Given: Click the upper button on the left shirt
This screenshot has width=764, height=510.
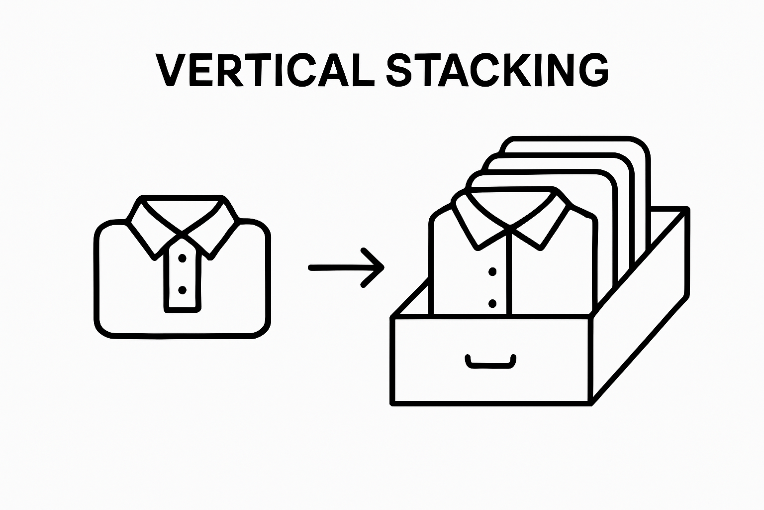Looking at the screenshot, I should [x=182, y=258].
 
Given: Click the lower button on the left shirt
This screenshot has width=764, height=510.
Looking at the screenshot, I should [x=182, y=289].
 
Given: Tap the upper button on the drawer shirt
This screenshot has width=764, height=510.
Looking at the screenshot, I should [x=492, y=272].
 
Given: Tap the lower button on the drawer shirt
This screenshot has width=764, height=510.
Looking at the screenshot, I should [x=492, y=303].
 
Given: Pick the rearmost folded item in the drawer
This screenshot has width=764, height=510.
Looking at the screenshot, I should [x=597, y=144].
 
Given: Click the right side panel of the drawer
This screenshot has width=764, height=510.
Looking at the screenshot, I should [x=642, y=319].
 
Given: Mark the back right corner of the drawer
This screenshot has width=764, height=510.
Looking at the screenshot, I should [x=686, y=209].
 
